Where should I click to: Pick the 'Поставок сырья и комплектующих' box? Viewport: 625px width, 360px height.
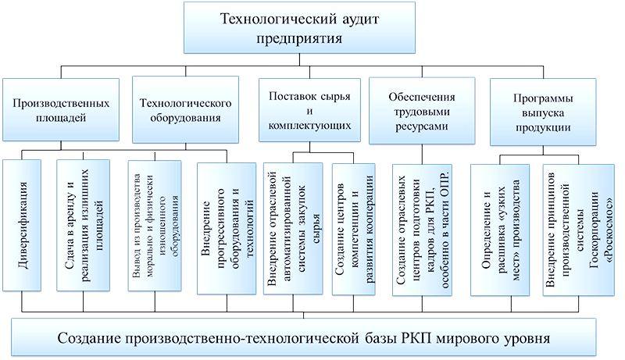tap(309, 110)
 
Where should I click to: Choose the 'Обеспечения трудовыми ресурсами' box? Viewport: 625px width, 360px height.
tap(421, 110)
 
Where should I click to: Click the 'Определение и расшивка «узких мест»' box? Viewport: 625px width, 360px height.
tap(499, 227)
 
